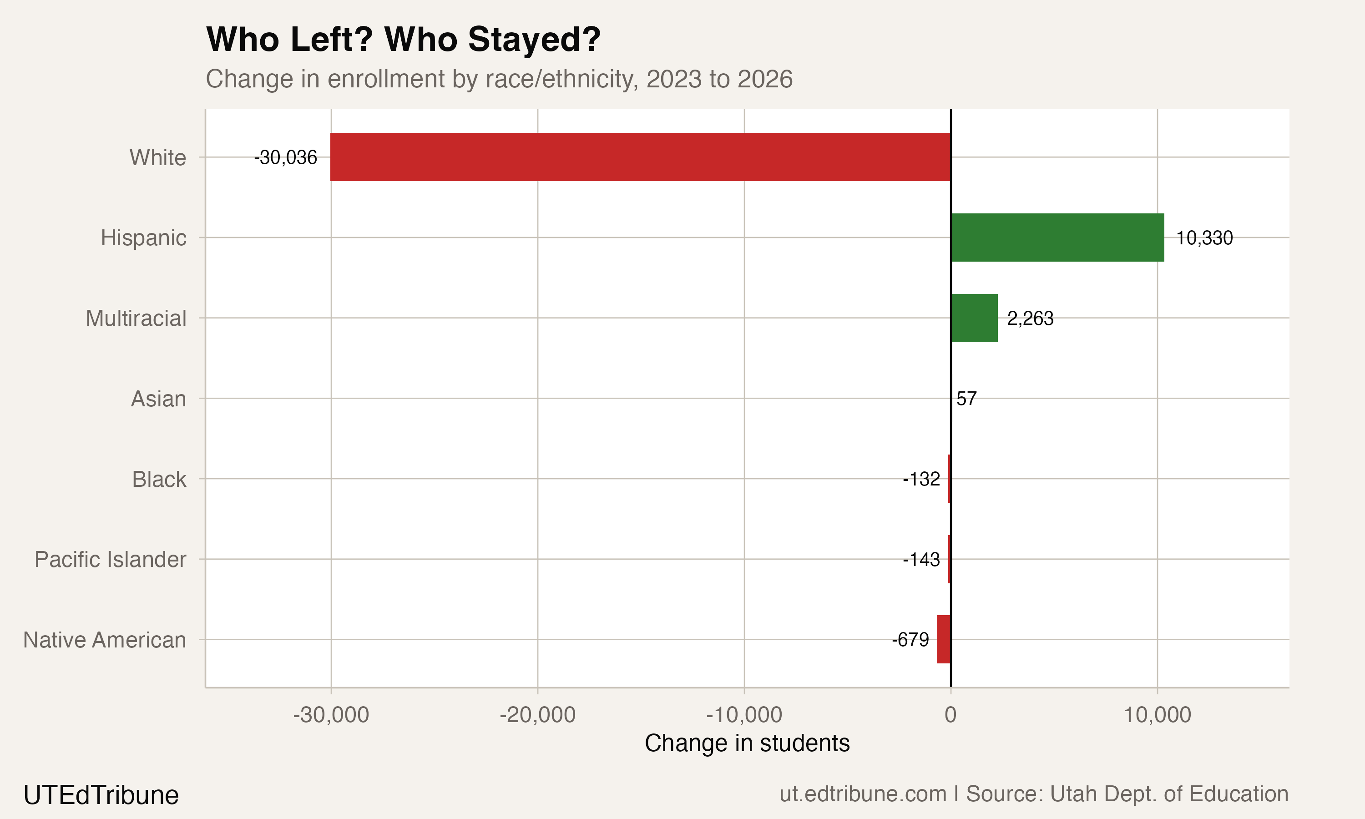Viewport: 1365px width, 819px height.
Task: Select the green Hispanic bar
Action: click(1057, 238)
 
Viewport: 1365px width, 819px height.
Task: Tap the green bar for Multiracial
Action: click(974, 318)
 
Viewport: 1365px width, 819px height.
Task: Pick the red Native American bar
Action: click(944, 639)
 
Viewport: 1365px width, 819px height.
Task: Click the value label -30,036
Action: click(285, 158)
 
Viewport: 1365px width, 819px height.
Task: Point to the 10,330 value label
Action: click(1204, 238)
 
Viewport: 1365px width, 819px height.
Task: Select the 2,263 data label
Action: click(1030, 319)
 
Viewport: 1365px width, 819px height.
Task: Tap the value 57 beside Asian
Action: click(966, 399)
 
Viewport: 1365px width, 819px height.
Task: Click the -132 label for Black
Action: click(921, 480)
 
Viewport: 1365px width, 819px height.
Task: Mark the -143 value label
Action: click(921, 560)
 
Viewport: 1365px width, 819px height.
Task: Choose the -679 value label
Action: click(910, 640)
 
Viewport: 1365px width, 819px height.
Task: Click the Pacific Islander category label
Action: click(111, 560)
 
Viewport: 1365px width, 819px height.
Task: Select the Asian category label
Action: click(158, 399)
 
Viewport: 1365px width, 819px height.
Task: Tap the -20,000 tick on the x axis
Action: click(537, 715)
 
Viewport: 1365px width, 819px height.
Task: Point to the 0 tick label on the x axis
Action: click(950, 715)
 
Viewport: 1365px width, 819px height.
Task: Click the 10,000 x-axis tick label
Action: click(1157, 715)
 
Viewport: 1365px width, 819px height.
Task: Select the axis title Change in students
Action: click(747, 743)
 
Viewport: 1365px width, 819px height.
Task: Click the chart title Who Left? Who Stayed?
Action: click(403, 40)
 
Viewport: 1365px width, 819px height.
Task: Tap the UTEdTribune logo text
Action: click(101, 795)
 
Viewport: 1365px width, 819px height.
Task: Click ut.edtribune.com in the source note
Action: click(862, 794)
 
